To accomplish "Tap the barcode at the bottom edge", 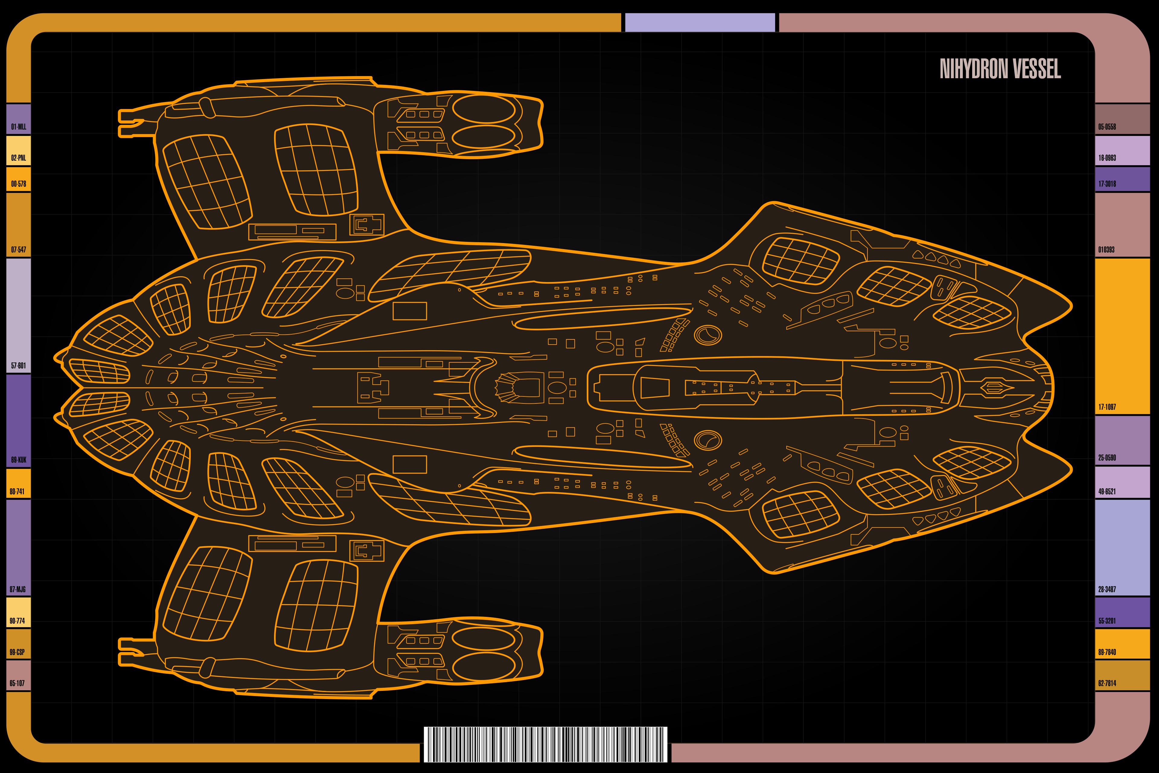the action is pyautogui.click(x=545, y=744).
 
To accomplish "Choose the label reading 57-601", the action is pyautogui.click(x=18, y=365).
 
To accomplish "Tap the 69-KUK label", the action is pyautogui.click(x=18, y=460).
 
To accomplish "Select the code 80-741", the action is pyautogui.click(x=17, y=492).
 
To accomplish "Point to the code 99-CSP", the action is pyautogui.click(x=17, y=652).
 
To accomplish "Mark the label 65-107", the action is pyautogui.click(x=17, y=683).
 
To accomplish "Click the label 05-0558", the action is pyautogui.click(x=1107, y=127).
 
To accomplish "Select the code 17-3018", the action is pyautogui.click(x=1107, y=184).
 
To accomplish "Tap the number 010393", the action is pyautogui.click(x=1106, y=249).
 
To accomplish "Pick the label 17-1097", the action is pyautogui.click(x=1107, y=407).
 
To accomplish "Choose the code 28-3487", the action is pyautogui.click(x=1107, y=589).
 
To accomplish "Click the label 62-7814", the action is pyautogui.click(x=1107, y=683).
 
